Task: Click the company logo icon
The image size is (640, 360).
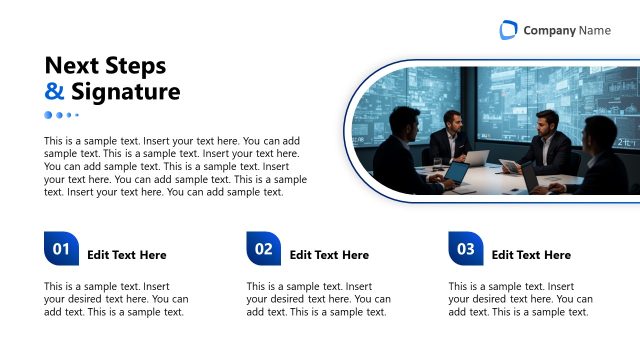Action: (509, 30)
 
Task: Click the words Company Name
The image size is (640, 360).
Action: (567, 30)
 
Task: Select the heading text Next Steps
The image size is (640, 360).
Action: (105, 66)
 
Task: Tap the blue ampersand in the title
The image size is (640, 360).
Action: (54, 93)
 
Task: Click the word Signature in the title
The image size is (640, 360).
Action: (125, 93)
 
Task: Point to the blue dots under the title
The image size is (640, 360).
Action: (61, 115)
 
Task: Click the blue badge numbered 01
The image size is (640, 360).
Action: (61, 249)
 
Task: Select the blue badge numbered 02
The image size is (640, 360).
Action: (263, 249)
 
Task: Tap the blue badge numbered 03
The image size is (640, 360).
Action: (466, 249)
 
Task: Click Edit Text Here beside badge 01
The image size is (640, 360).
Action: (127, 255)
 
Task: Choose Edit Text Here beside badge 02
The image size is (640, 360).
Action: (329, 255)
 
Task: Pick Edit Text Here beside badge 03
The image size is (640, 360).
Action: (531, 255)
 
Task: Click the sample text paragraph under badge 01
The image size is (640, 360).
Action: (116, 299)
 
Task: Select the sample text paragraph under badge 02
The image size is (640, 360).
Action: (319, 299)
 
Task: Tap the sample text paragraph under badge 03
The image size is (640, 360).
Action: (520, 299)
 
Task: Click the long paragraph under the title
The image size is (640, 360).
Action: (175, 167)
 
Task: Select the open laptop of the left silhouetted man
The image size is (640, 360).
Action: (456, 173)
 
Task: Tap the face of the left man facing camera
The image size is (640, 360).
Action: (450, 122)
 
